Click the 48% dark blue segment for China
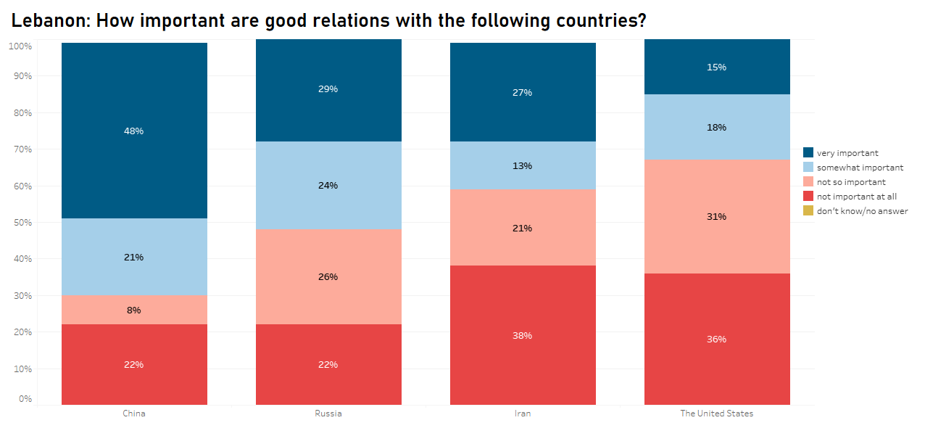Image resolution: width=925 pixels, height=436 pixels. (134, 131)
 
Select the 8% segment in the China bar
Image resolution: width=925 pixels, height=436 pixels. (134, 310)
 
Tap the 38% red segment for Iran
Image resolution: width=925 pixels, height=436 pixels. (523, 335)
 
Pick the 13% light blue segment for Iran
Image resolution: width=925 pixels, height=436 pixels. (523, 165)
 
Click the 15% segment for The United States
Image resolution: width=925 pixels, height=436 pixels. (717, 67)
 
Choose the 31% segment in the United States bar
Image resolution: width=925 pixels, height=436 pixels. (717, 216)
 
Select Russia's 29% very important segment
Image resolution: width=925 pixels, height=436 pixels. (328, 89)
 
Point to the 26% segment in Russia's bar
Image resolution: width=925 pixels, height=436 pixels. (328, 276)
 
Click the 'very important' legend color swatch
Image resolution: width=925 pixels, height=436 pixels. (808, 152)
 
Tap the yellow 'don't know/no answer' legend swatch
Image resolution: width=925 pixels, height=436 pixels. (808, 210)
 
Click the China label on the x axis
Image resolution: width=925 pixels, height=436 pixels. (134, 414)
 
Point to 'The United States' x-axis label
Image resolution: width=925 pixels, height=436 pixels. (717, 414)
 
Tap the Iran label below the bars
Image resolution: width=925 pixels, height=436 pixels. (523, 414)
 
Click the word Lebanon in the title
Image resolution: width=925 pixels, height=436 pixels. (49, 22)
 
